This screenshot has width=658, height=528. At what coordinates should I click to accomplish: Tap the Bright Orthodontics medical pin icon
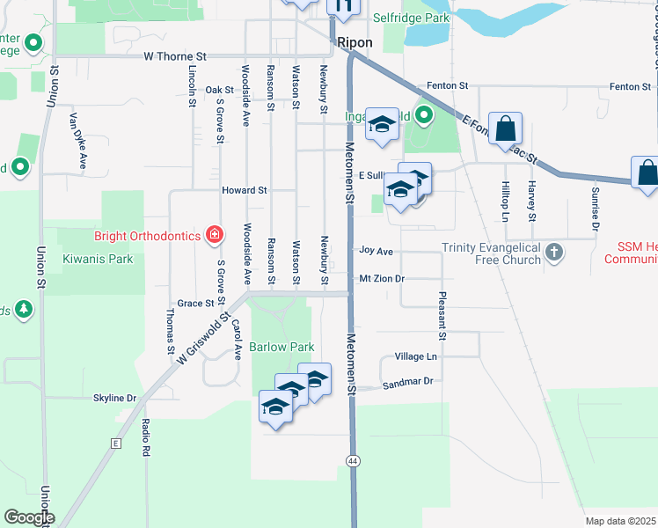(214, 234)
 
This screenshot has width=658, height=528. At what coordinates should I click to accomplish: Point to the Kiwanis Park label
(98, 259)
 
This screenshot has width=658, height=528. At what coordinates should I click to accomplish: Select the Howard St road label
(244, 190)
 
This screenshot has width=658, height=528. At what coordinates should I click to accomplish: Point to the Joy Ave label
(377, 251)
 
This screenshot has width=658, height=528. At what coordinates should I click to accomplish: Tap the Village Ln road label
(416, 357)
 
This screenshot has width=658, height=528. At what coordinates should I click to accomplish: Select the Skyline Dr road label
(115, 398)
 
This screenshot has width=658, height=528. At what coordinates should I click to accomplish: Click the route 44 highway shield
(353, 460)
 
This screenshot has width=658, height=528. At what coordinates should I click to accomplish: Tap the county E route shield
(115, 444)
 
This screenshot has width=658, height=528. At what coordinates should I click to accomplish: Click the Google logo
(30, 517)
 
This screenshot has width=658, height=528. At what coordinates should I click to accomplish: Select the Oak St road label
(219, 90)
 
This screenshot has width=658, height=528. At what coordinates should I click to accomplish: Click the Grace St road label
(195, 303)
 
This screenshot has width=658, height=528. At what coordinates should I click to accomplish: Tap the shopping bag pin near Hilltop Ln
(506, 128)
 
